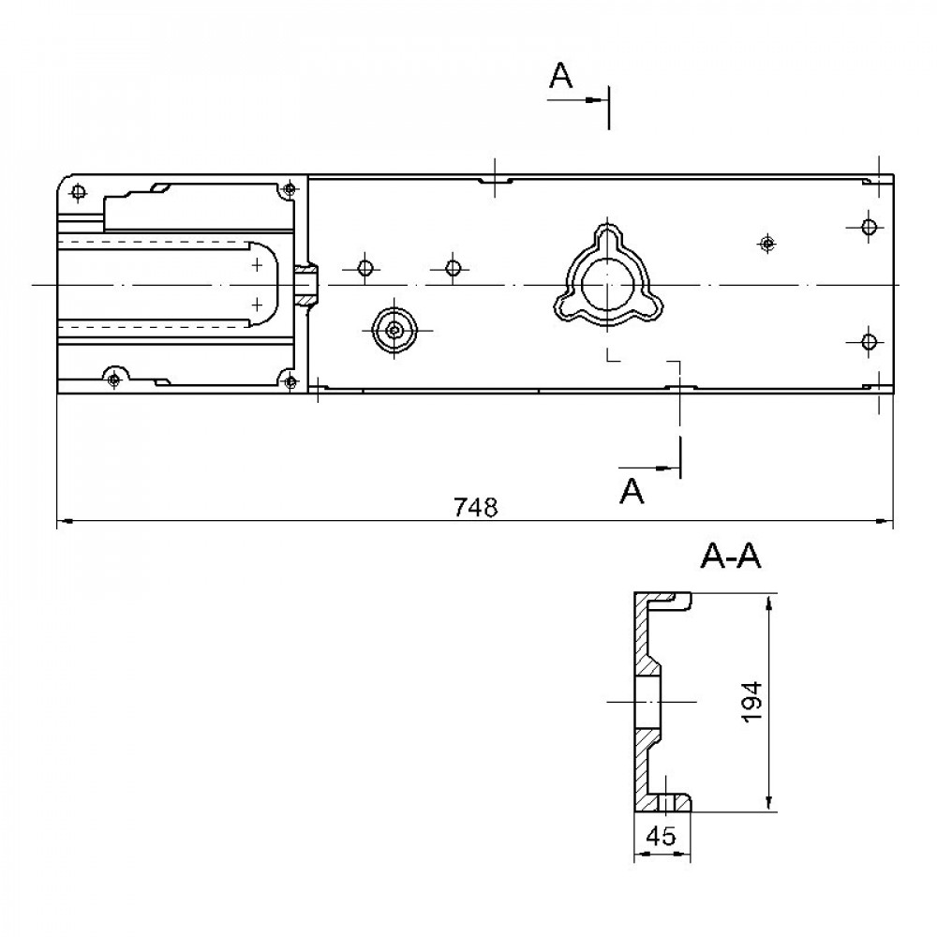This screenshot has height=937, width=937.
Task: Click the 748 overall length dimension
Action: (x=474, y=507)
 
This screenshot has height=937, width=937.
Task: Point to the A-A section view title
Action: (x=730, y=558)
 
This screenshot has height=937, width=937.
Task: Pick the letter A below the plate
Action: (x=634, y=490)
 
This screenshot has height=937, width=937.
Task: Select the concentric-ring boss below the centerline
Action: (x=394, y=329)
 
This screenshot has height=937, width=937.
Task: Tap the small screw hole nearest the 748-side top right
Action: (x=767, y=244)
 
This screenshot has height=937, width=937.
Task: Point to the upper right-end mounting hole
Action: (x=869, y=227)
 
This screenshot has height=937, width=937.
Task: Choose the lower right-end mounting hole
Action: (x=869, y=340)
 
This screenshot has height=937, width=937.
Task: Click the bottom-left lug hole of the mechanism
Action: (x=114, y=379)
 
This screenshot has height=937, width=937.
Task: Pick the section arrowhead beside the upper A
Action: (x=596, y=99)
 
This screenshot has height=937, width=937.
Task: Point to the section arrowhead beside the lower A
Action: (x=668, y=466)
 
